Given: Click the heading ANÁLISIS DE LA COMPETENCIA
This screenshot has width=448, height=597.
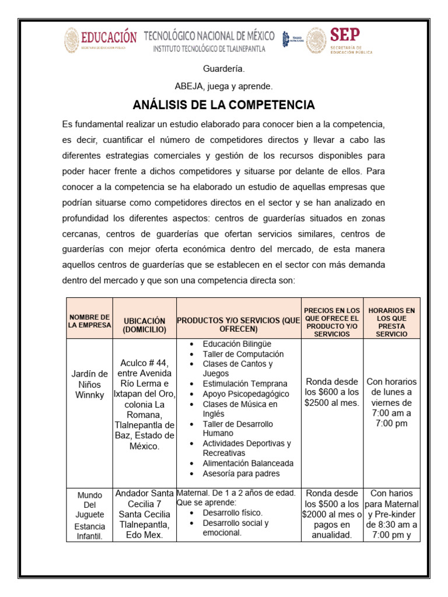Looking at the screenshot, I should pyautogui.click(x=223, y=105).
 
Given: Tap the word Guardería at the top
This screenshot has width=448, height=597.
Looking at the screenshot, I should pyautogui.click(x=223, y=69).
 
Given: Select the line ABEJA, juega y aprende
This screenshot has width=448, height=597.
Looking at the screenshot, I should pyautogui.click(x=223, y=86).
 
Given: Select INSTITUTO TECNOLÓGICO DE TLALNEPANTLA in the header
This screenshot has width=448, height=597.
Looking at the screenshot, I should pyautogui.click(x=209, y=49).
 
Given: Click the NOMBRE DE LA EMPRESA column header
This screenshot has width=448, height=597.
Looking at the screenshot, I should pyautogui.click(x=89, y=321).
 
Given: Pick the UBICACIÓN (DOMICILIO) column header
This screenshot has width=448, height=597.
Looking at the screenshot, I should pyautogui.click(x=144, y=325).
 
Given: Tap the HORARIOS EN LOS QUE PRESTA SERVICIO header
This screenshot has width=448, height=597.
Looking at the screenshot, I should pyautogui.click(x=391, y=322).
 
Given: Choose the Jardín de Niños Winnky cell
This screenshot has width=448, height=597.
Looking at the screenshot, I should pyautogui.click(x=89, y=384).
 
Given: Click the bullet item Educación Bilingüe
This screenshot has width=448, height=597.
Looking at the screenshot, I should pyautogui.click(x=237, y=344).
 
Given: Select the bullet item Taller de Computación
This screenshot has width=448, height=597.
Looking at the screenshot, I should pyautogui.click(x=243, y=354).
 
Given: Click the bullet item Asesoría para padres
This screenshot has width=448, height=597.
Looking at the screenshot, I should pyautogui.click(x=241, y=473).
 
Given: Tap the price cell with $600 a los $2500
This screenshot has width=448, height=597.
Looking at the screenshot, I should pyautogui.click(x=331, y=392).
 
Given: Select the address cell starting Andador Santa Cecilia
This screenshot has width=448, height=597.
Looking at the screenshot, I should pyautogui.click(x=144, y=514).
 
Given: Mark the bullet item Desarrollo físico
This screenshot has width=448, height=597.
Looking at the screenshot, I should pyautogui.click(x=232, y=512).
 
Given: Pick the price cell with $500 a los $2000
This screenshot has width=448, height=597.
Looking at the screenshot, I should pyautogui.click(x=331, y=514).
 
